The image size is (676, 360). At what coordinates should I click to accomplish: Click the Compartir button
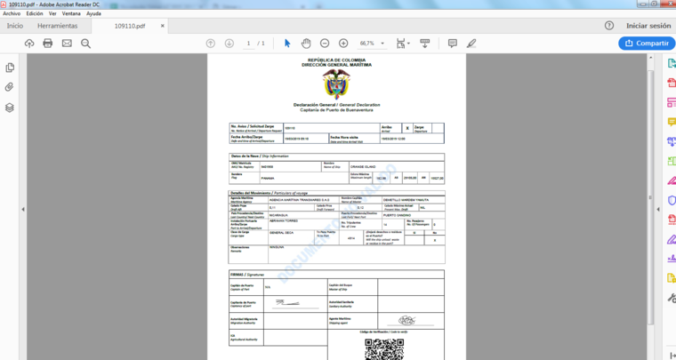pos(646,43)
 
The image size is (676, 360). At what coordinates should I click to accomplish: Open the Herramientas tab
pos(57,26)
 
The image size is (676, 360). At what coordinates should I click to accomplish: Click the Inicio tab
pos(15,26)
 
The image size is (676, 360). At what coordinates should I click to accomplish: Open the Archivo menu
pos(12,13)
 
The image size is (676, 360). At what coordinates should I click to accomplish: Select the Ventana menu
pos(71,13)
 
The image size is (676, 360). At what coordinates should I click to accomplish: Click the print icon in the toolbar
pos(48,43)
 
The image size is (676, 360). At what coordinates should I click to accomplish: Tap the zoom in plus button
pos(343,43)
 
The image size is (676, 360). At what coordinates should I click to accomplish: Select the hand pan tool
pos(306,43)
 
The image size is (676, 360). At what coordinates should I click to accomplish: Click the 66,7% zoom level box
pos(369,43)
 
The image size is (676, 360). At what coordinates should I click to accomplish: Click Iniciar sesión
pos(648,26)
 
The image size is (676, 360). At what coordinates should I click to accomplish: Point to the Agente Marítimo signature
pos(407,319)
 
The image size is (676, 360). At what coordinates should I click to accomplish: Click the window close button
pos(664,4)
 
